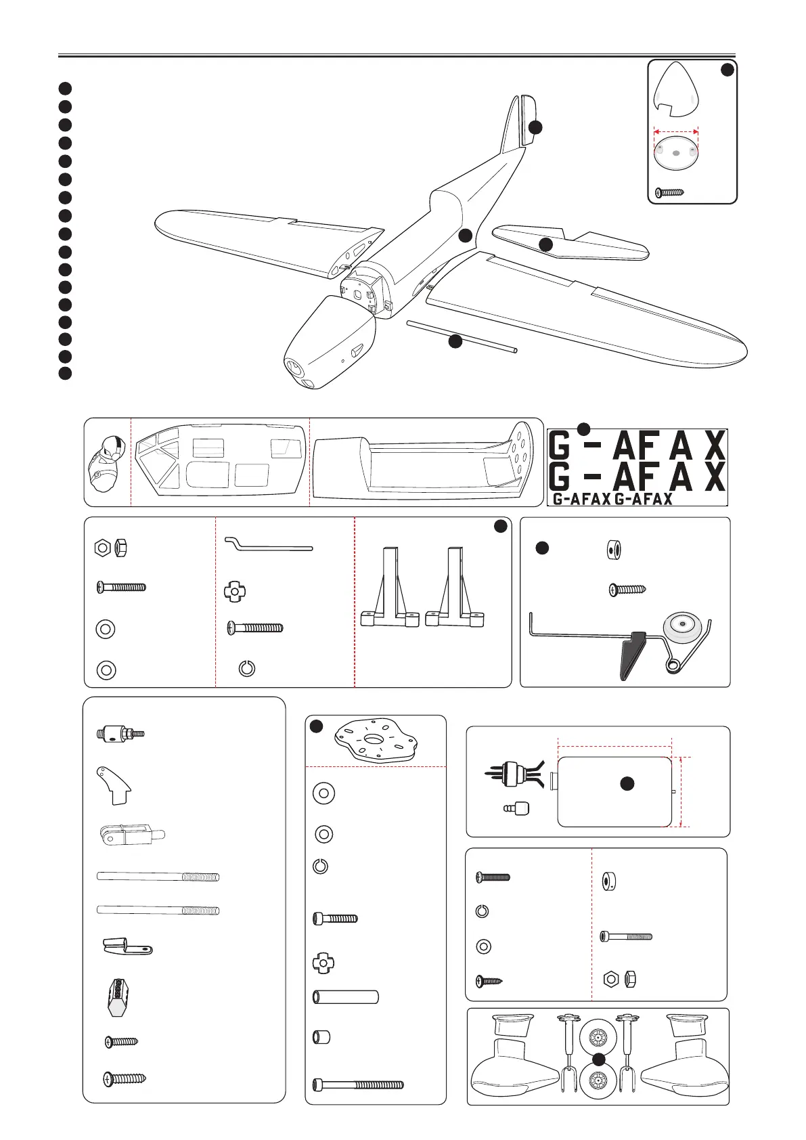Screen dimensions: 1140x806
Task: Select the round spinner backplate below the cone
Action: [675, 154]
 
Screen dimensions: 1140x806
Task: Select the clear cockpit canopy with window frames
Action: [219, 461]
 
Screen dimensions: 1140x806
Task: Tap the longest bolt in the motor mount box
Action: [358, 1084]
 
